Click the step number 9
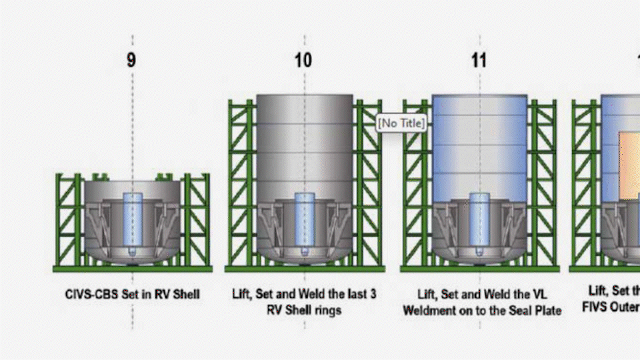pos(131,60)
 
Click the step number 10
pos(303,60)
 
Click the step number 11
pos(479,60)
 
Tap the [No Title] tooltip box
pos(401,123)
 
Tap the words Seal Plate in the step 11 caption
pos(533,310)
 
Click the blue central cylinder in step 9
pos(133,220)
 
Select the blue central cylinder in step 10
pos(305,220)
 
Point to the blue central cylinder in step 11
pos(480,220)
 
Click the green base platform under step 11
pos(480,269)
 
